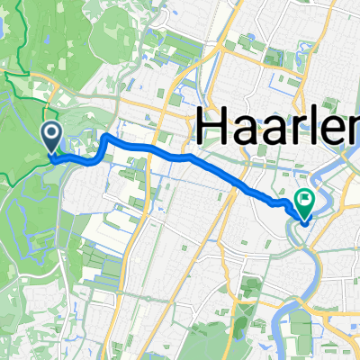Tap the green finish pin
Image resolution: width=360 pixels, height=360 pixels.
(x=304, y=202)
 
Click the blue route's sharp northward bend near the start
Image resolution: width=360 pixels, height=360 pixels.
(x=106, y=138)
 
